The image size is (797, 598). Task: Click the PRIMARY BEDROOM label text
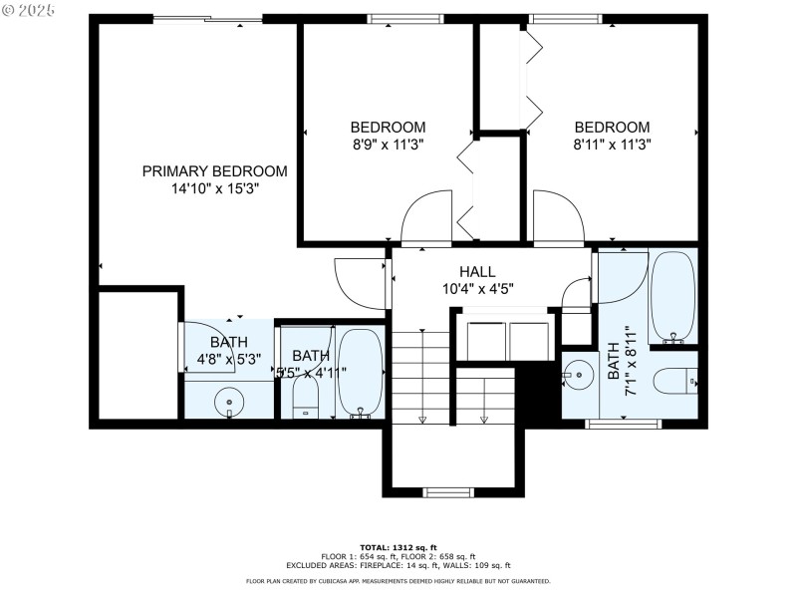click(214, 171)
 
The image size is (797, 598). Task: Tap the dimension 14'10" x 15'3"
click(214, 187)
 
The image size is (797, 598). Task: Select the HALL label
click(477, 272)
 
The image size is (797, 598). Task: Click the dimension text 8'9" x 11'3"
click(388, 144)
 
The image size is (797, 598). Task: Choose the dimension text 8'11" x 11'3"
click(612, 144)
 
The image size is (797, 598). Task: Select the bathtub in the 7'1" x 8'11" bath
click(673, 296)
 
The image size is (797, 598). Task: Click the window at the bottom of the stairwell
click(448, 491)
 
